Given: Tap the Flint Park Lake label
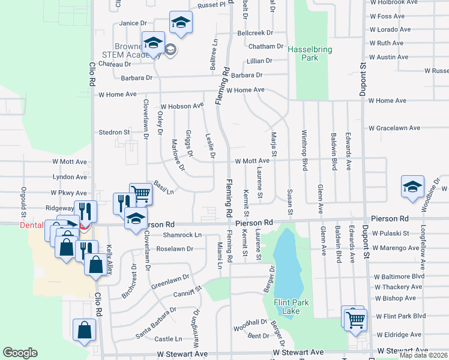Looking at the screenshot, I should coord(291,307).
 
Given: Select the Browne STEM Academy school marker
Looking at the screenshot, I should coord(153,43).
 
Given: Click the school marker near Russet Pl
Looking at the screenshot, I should coord(181,22).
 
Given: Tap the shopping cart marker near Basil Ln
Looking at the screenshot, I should coord(140,193).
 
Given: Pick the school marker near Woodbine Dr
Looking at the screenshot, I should coord(412,187).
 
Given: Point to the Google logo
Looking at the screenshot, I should coord(20,353).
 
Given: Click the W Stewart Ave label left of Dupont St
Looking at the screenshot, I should coord(298,353).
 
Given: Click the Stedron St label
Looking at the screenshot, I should coord(115,132).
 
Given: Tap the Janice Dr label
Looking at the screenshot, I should coord(133,23).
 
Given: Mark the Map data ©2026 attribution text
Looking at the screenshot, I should coord(423,355).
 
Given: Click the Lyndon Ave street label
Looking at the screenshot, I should coord(70,177).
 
